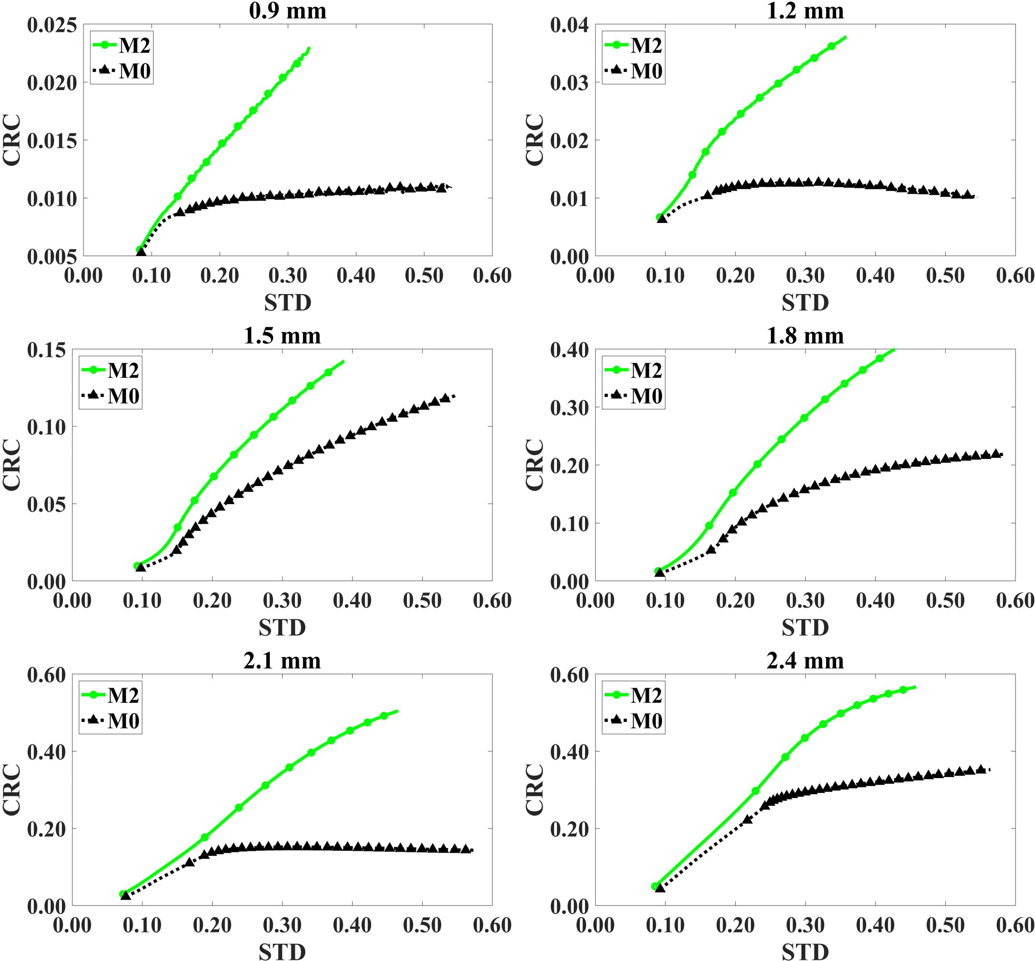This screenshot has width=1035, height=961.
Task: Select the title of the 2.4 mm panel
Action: tap(805, 661)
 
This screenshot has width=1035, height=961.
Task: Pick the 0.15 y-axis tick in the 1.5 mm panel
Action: tap(47, 350)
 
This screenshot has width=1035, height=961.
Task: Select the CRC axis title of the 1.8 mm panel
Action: tap(534, 464)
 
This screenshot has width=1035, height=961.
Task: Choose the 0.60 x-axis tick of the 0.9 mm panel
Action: tap(492, 276)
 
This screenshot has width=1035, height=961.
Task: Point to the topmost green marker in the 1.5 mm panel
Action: tap(328, 372)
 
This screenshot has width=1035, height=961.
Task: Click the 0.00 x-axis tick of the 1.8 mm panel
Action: tap(595, 601)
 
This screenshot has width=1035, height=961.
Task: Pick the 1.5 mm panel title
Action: tap(282, 336)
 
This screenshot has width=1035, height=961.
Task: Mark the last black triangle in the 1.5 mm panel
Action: tap(445, 398)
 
